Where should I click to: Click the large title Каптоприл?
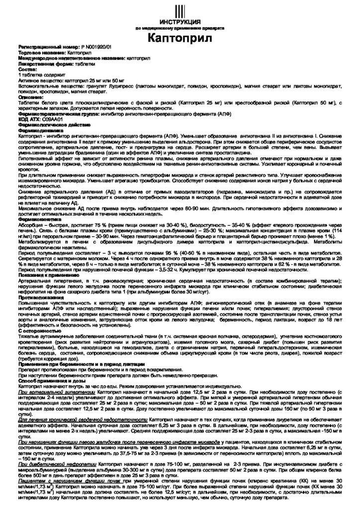(180, 38)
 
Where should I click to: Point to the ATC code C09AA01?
(48, 119)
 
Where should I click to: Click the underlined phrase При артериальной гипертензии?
(56, 391)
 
